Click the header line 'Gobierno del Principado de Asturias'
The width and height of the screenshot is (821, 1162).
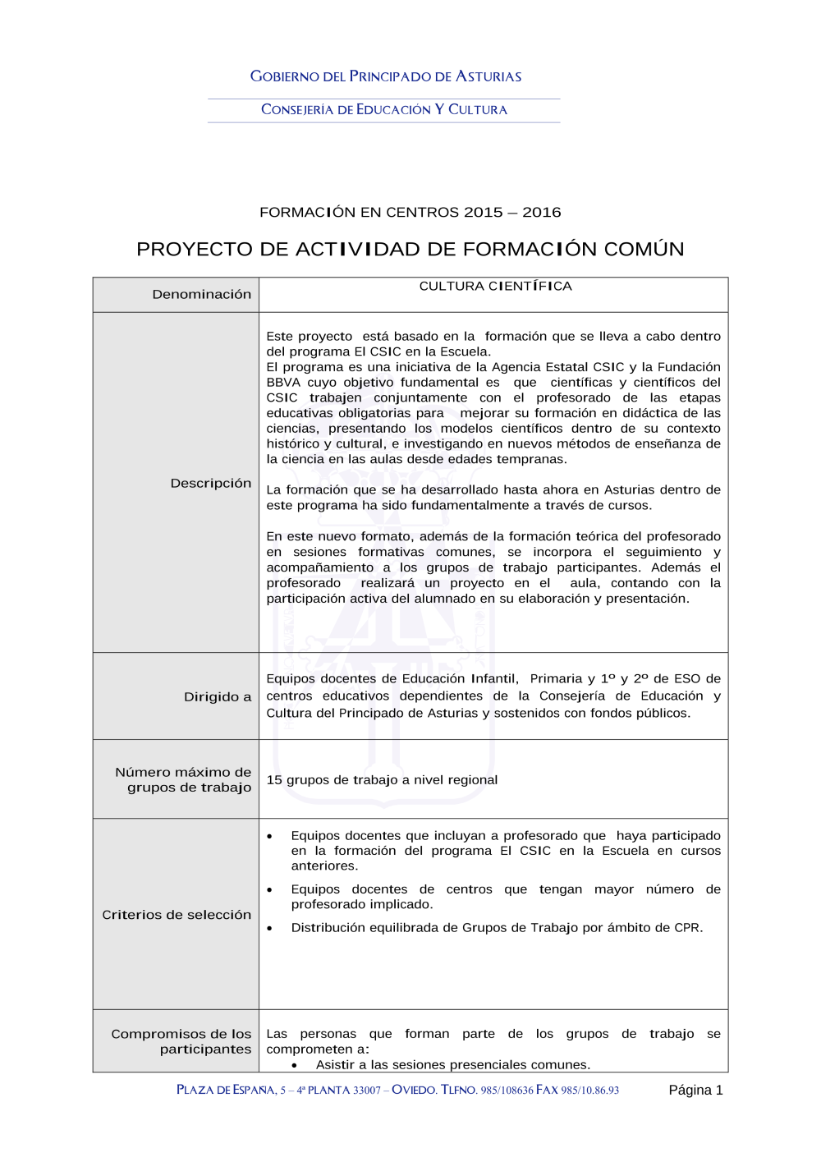point(386,76)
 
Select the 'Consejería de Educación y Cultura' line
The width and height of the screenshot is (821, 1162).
point(384,109)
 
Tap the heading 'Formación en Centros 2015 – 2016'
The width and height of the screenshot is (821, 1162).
point(410,212)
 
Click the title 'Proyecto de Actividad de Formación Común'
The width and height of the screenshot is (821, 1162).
point(410,249)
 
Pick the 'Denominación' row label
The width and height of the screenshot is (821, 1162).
point(202,294)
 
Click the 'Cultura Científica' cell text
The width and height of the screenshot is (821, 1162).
point(495,286)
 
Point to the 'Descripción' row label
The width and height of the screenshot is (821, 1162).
point(211,483)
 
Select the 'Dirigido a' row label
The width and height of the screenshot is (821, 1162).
point(218,696)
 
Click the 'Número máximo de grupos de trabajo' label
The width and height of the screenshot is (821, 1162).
point(184,779)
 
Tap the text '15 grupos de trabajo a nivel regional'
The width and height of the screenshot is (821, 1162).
point(382,779)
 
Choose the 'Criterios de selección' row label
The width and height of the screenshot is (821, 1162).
point(177,914)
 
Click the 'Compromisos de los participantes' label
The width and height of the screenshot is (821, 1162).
point(182,1041)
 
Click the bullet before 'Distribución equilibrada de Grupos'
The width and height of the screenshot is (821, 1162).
point(270,928)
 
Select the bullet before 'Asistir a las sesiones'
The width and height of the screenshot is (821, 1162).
point(295,1065)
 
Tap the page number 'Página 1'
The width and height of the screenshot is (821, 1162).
point(695,1090)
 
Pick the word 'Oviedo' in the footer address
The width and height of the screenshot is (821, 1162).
point(414,1090)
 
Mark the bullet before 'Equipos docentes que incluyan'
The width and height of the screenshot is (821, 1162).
point(270,836)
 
